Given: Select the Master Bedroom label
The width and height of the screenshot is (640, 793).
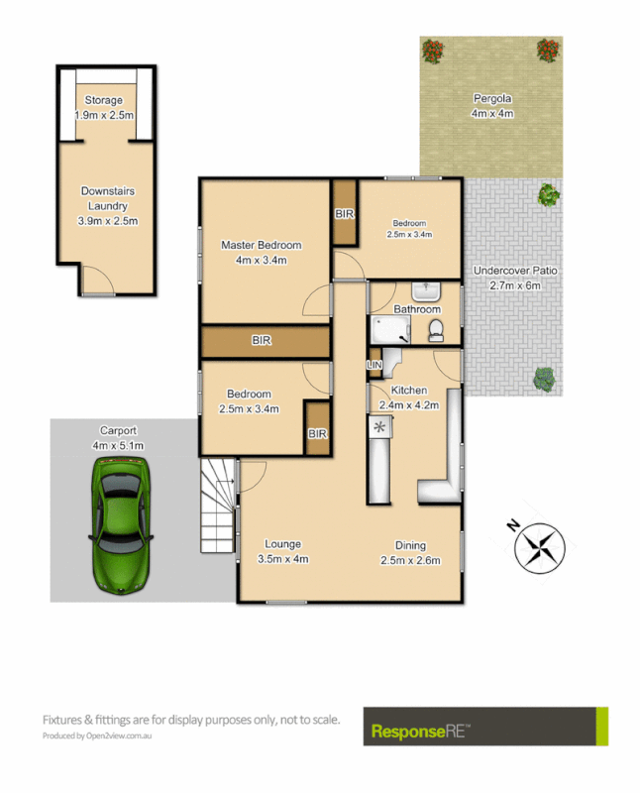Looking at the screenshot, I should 262,245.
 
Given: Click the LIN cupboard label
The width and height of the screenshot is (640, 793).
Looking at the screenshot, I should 374,366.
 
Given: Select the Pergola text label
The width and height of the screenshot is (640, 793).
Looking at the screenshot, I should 490,98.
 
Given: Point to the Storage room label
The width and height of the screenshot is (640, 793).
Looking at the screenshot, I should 103,100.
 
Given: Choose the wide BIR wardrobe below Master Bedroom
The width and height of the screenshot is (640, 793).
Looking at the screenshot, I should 264,340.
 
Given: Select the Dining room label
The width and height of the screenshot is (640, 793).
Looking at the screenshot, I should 410,544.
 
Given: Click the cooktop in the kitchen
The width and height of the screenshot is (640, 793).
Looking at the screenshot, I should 379,428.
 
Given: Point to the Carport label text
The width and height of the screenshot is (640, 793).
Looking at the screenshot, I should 118,430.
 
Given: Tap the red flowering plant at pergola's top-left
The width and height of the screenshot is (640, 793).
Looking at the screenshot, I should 432,49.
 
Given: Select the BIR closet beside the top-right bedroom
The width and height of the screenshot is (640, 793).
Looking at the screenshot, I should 345,213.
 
